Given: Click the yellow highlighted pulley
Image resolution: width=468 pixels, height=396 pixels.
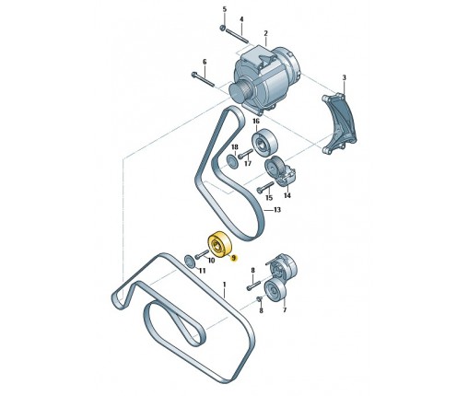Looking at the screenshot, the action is pyautogui.click(x=219, y=243).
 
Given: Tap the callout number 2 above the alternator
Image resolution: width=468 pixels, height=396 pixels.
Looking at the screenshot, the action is pyautogui.click(x=266, y=33).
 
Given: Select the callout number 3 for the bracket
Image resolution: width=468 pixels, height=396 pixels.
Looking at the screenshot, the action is pyautogui.click(x=344, y=78).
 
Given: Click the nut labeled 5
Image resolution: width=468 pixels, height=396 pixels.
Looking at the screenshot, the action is pyautogui.click(x=223, y=29).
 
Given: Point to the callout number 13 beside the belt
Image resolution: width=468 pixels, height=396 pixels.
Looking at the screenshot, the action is pyautogui.click(x=277, y=210).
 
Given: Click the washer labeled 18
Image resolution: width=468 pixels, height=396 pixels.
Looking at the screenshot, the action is pyautogui.click(x=231, y=160).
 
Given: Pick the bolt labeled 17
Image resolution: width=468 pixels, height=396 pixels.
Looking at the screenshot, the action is pyautogui.click(x=245, y=154).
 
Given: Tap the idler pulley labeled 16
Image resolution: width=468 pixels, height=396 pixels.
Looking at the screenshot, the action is pyautogui.click(x=264, y=143).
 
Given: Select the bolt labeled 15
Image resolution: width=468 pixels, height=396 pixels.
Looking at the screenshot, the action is pyautogui.click(x=265, y=187).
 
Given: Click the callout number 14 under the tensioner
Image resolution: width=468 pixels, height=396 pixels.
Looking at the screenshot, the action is pyautogui.click(x=287, y=195).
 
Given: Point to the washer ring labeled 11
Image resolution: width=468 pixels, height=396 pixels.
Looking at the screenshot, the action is pyautogui.click(x=190, y=261).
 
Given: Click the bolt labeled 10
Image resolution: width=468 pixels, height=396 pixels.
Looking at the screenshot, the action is pyautogui.click(x=202, y=254).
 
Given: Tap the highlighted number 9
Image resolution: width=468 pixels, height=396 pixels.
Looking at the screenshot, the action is pyautogui.click(x=234, y=258).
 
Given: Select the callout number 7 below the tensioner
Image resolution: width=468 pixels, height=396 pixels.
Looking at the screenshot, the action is pyautogui.click(x=285, y=310).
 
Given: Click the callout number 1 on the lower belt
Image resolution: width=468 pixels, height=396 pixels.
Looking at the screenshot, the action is pyautogui.click(x=224, y=285).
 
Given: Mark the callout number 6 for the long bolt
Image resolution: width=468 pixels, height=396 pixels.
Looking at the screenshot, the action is pyautogui.click(x=205, y=62).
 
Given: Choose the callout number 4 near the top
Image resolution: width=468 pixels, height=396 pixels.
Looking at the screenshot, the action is pyautogui.click(x=241, y=19).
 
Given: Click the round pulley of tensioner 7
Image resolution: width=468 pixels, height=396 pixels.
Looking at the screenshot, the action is pyautogui.click(x=275, y=291).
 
